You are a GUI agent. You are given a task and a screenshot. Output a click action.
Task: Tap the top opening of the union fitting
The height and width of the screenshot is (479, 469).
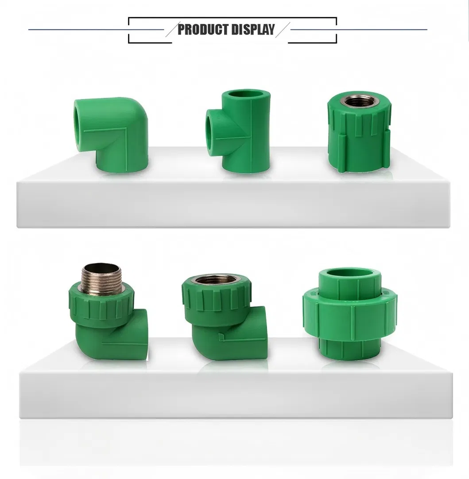click(x=350, y=273)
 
